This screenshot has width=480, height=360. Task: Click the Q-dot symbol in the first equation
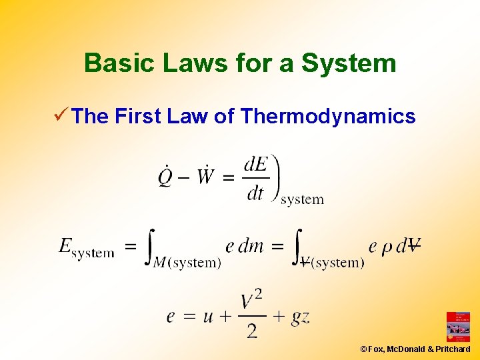(165, 177)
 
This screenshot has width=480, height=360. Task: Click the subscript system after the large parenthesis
(302, 199)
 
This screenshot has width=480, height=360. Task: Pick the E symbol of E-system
(65, 246)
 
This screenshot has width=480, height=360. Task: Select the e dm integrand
(245, 246)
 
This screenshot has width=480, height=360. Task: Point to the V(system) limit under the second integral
(332, 263)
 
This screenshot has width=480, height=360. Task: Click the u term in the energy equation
(207, 316)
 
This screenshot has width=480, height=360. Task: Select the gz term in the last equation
(300, 316)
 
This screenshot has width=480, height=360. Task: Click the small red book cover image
(457, 327)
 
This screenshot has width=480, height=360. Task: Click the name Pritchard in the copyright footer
(453, 349)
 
